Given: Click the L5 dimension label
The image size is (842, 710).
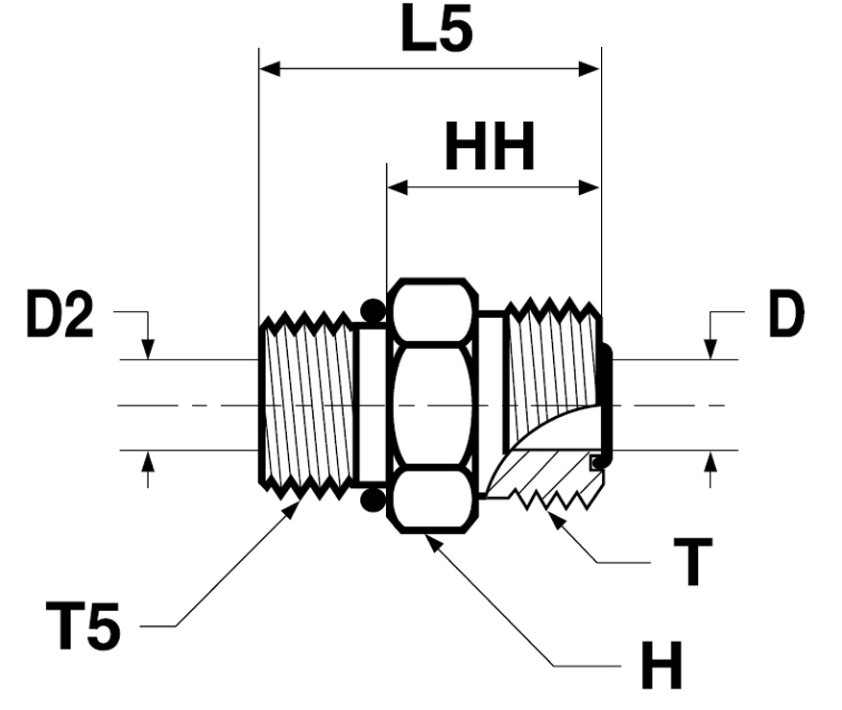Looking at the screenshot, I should click(437, 33).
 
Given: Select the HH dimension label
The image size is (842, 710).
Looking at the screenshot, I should click(490, 149).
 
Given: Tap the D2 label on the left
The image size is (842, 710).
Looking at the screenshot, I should click(60, 318).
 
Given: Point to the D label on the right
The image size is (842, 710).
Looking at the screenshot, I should click(785, 318).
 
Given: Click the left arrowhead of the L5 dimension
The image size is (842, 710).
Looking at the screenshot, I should click(270, 69).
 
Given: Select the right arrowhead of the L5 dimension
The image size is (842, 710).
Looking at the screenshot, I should click(590, 69).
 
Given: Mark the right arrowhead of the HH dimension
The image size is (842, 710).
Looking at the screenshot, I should click(590, 187).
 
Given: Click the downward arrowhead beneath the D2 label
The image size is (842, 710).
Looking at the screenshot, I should click(148, 351).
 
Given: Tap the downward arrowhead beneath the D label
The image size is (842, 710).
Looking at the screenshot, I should click(710, 351).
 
